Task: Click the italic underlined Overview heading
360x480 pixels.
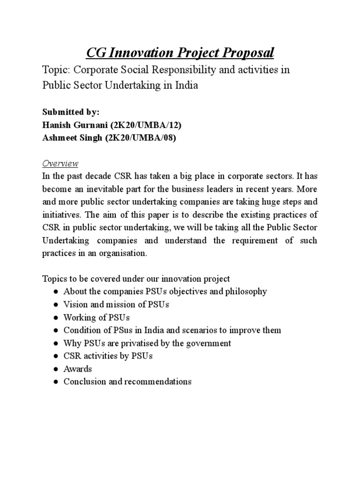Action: (60, 164)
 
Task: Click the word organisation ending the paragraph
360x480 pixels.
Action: (121, 253)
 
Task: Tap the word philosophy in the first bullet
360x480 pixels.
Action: (244, 292)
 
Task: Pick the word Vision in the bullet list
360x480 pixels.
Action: (75, 304)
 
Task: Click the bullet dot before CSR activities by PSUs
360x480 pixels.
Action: (54, 356)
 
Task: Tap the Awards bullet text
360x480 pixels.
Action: (78, 369)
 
